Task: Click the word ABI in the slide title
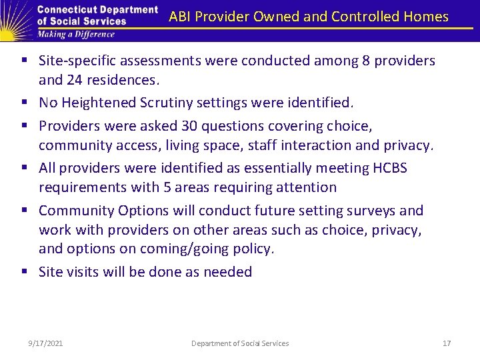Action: coord(181,17)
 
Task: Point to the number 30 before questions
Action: coord(207,125)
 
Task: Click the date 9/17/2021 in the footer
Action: coord(46,343)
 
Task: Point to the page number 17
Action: coord(447,343)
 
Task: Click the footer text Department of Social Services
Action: coord(240,343)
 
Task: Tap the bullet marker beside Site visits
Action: coord(25,272)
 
